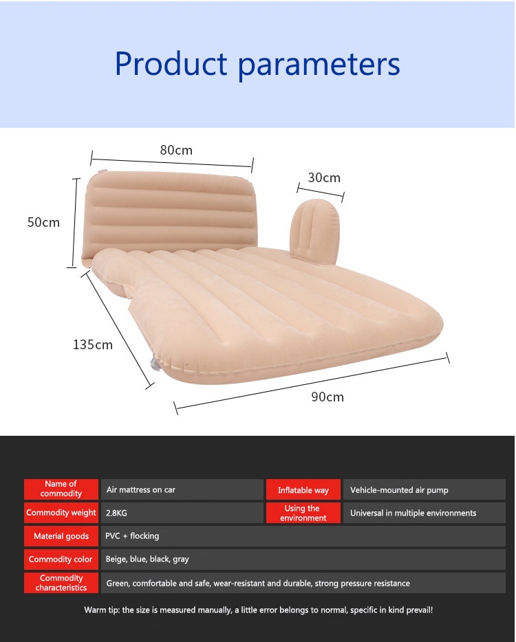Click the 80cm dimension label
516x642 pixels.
click(176, 151)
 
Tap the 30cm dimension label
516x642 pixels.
click(324, 178)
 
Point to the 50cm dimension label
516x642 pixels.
click(43, 222)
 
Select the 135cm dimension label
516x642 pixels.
click(93, 344)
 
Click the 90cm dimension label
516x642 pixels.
click(327, 397)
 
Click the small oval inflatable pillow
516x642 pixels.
click(315, 232)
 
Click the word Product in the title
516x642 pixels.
click(171, 64)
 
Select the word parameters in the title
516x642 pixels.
click(319, 65)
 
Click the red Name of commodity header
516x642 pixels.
click(61, 489)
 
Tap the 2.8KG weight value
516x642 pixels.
click(116, 513)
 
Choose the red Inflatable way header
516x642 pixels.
click(303, 490)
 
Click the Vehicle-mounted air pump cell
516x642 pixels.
click(399, 490)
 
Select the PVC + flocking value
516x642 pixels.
click(132, 536)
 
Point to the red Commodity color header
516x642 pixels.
click(61, 560)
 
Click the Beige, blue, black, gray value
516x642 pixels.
click(147, 560)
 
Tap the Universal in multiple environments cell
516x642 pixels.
click(413, 513)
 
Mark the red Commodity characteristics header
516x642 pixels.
click(61, 583)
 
